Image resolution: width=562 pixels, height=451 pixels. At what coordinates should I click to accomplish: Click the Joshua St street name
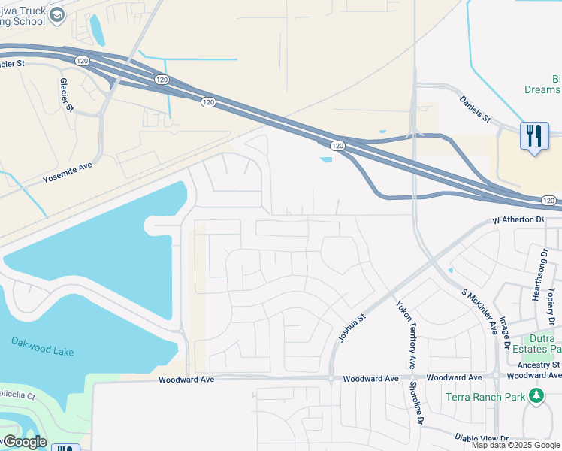pos(351,328)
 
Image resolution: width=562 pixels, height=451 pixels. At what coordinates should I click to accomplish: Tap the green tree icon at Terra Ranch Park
pos(536,395)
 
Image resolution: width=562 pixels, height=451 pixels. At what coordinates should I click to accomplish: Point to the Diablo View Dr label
pos(482,437)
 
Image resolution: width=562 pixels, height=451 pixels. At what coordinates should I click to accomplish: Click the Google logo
pos(24,442)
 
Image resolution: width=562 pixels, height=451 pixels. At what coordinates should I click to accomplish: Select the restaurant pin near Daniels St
pos(534,137)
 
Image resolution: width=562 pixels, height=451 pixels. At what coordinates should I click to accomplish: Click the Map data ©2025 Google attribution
pos(516,445)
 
